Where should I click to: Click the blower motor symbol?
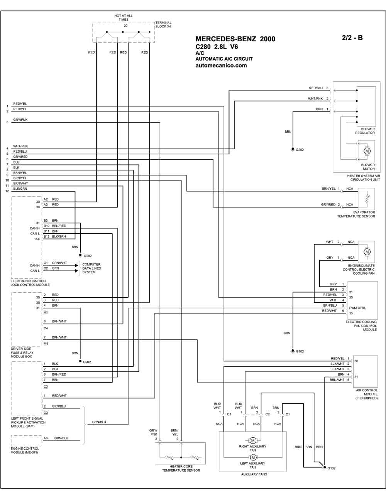pyautogui.click(x=367, y=151)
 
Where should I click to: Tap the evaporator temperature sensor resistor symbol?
pyautogui.click(x=367, y=199)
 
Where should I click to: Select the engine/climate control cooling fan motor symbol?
pyautogui.click(x=367, y=252)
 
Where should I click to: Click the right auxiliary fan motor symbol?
pyautogui.click(x=253, y=440)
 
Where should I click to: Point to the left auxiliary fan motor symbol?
pyautogui.click(x=253, y=457)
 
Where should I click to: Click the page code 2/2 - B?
pyautogui.click(x=352, y=38)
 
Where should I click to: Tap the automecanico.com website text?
pyautogui.click(x=221, y=66)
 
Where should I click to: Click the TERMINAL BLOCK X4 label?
pyautogui.click(x=163, y=25)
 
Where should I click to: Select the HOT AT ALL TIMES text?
pyautogui.click(x=124, y=17)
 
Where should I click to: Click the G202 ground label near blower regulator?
pyautogui.click(x=300, y=150)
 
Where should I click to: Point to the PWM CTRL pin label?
pyautogui.click(x=357, y=308)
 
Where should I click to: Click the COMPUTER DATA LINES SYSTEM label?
pyautogui.click(x=91, y=268)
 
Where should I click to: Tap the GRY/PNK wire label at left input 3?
pyautogui.click(x=20, y=120)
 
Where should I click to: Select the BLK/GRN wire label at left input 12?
pyautogui.click(x=20, y=189)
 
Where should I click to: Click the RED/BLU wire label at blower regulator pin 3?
pyautogui.click(x=316, y=88)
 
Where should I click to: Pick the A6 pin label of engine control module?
pyautogui.click(x=46, y=438)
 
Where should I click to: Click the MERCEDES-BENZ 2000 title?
pyautogui.click(x=235, y=39)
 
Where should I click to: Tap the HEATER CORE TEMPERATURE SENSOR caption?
pyautogui.click(x=181, y=469)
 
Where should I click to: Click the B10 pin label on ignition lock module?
pyautogui.click(x=46, y=226)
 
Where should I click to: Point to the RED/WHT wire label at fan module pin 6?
pyautogui.click(x=329, y=311)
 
